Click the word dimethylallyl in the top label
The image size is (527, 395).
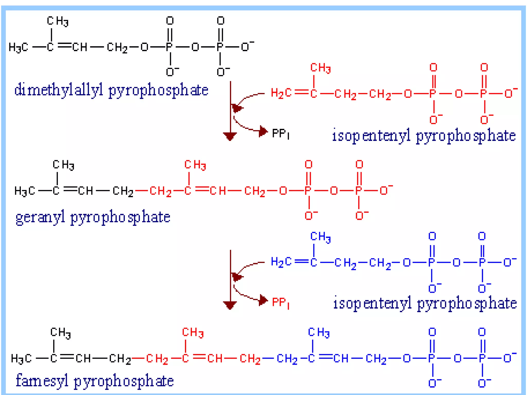coord(59,90)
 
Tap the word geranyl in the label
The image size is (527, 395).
coord(40,217)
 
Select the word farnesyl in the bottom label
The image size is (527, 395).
coord(42,381)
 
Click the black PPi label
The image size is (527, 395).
coord(280,134)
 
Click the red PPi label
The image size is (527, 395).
coord(280,302)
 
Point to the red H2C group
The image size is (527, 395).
coord(281,93)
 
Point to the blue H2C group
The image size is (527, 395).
coord(281,262)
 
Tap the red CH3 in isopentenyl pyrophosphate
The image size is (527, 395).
coord(320,68)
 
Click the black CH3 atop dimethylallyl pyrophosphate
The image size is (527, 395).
coord(58,21)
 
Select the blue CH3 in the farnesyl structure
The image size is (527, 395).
coord(319,333)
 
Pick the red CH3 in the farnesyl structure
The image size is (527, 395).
coord(193,333)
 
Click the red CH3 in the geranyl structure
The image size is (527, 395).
coord(195,165)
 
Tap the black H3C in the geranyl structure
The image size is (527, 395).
coord(24,191)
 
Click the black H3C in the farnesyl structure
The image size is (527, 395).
coord(21,358)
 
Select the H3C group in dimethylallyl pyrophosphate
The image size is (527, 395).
coord(18,48)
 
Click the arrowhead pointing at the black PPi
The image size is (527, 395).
coord(263,131)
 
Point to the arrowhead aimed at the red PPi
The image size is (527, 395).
coord(263,300)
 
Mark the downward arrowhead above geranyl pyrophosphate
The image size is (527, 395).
coord(230,136)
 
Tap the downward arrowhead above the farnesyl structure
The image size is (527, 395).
coord(230,305)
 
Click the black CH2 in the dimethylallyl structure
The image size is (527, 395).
coord(117,48)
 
